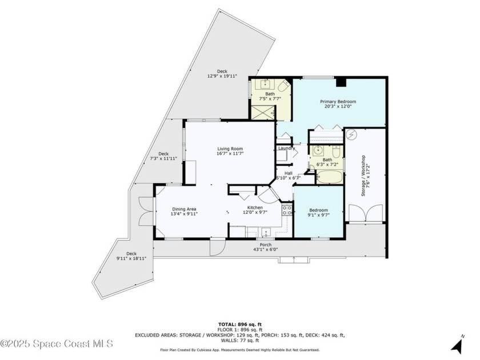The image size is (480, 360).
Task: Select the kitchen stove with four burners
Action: tap(287, 210)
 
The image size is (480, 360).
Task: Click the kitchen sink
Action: tap(265, 233)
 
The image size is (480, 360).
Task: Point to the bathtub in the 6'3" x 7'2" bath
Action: tap(329, 175)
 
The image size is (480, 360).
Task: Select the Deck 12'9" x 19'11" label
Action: tap(222, 74)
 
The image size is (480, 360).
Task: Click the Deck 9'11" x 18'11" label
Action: tap(132, 256)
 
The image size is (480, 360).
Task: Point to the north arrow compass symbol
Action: tap(457, 345)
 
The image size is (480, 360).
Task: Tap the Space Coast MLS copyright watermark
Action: tap(57, 343)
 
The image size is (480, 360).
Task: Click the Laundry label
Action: tap(286, 149)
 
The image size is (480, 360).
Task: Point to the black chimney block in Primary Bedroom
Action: tap(342, 82)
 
